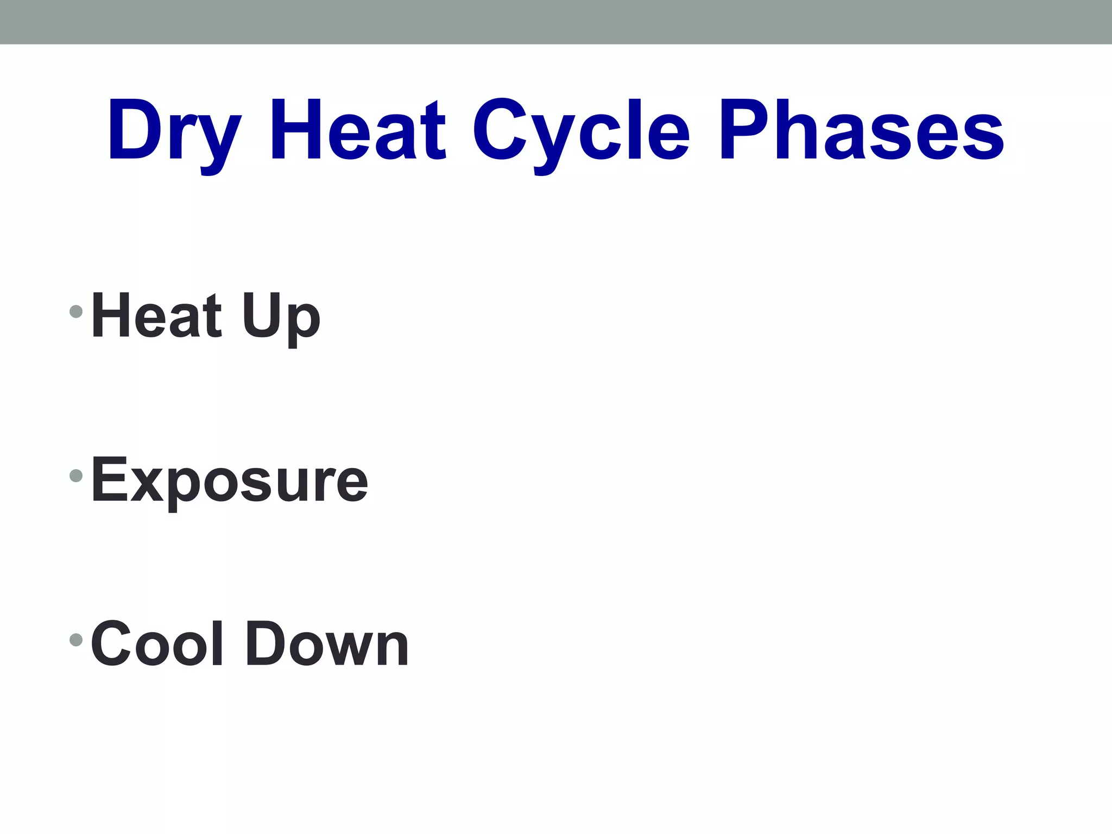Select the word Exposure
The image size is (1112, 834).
pyautogui.click(x=230, y=480)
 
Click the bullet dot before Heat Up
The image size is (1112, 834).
pyautogui.click(x=76, y=312)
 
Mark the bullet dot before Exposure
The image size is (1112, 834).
pyautogui.click(x=76, y=476)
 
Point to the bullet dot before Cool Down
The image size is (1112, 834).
pyautogui.click(x=76, y=640)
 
